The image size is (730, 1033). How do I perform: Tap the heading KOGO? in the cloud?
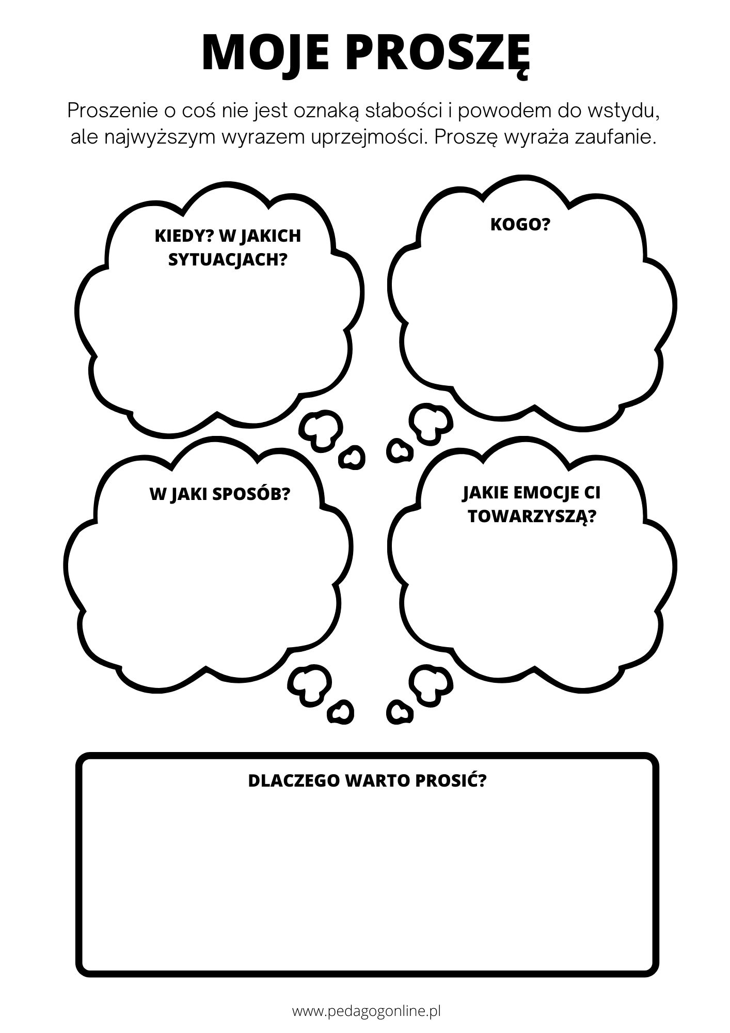pyautogui.click(x=520, y=225)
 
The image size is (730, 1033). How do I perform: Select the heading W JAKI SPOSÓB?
pyautogui.click(x=220, y=494)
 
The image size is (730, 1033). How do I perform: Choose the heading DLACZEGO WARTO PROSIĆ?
pyautogui.click(x=368, y=795)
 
